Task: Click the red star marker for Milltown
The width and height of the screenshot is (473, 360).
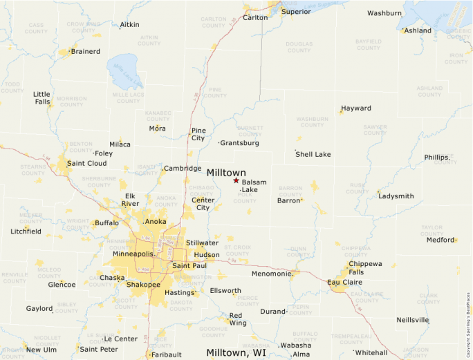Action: [x=236, y=180]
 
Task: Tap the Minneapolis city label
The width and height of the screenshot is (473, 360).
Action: [x=133, y=254]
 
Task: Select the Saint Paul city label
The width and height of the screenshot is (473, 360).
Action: [x=189, y=265]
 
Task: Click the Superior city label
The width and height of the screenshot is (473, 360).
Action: [x=296, y=12]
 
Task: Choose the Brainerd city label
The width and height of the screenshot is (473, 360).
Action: [x=85, y=51]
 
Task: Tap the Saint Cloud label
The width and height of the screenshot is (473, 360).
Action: [x=86, y=164]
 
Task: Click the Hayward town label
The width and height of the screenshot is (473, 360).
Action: [x=355, y=108]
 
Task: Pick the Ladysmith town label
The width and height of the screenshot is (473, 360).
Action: [x=396, y=196]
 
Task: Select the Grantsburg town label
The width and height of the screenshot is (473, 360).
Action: [x=239, y=143]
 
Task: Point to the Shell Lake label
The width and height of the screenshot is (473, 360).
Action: [x=313, y=154]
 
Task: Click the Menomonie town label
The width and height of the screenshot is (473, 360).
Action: [x=271, y=274]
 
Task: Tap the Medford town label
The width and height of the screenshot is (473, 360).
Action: [x=440, y=240]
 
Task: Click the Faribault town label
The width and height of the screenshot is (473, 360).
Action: [x=167, y=354]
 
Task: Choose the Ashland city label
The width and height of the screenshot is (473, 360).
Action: [x=418, y=30]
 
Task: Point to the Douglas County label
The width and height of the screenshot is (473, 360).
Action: [x=299, y=47]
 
